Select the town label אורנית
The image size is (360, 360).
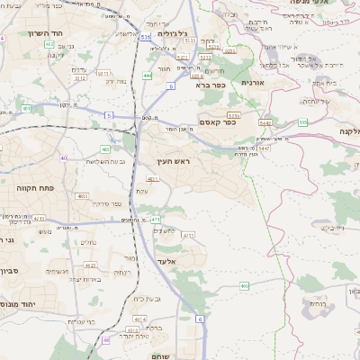(x=252, y=82)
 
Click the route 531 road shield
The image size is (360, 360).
(x=144, y=37)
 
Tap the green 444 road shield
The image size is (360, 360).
(x=145, y=76)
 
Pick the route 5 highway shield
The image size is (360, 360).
(x=108, y=115)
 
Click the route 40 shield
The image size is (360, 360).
(x=63, y=157)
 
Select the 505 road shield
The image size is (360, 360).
(x=303, y=121)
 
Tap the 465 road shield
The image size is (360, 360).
(x=244, y=285)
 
